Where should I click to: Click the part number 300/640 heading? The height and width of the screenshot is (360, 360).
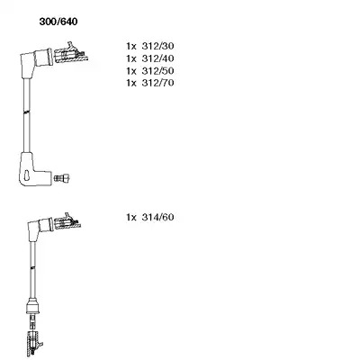tap(58, 22)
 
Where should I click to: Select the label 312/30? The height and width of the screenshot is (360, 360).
tap(157, 46)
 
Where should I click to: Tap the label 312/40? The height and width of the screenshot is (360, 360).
tap(157, 58)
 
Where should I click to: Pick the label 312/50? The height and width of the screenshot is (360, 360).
tap(157, 71)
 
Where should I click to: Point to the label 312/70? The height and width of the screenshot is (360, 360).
tap(157, 83)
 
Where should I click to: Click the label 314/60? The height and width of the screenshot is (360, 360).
tap(157, 217)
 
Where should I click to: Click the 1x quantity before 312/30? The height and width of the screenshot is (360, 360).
tap(131, 46)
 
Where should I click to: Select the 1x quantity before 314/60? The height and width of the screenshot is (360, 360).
tap(131, 217)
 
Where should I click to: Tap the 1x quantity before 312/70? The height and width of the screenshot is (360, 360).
tap(131, 83)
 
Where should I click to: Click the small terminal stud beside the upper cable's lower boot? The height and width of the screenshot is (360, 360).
tap(61, 178)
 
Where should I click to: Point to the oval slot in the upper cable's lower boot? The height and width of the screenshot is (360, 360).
tap(27, 175)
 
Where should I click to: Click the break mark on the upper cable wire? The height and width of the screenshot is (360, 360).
tap(27, 112)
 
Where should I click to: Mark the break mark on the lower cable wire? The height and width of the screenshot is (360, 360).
tap(33, 267)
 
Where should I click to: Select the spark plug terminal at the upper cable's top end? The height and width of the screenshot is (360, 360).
tap(71, 54)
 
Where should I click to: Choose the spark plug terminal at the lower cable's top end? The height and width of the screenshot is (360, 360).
tap(67, 222)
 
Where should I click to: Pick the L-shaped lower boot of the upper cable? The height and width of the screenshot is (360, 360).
tap(31, 169)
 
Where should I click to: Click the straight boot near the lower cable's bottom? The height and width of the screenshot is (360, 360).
tap(33, 306)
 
